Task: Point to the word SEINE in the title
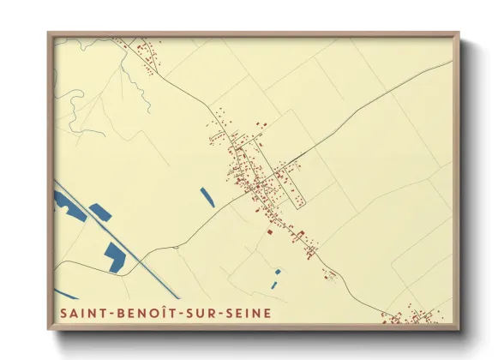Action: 247,313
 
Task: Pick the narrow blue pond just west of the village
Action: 207,197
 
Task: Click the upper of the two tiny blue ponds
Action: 278,273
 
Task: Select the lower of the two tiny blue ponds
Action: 273,284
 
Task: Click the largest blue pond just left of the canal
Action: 114,256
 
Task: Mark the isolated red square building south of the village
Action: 268,231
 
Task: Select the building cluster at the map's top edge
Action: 141,47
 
